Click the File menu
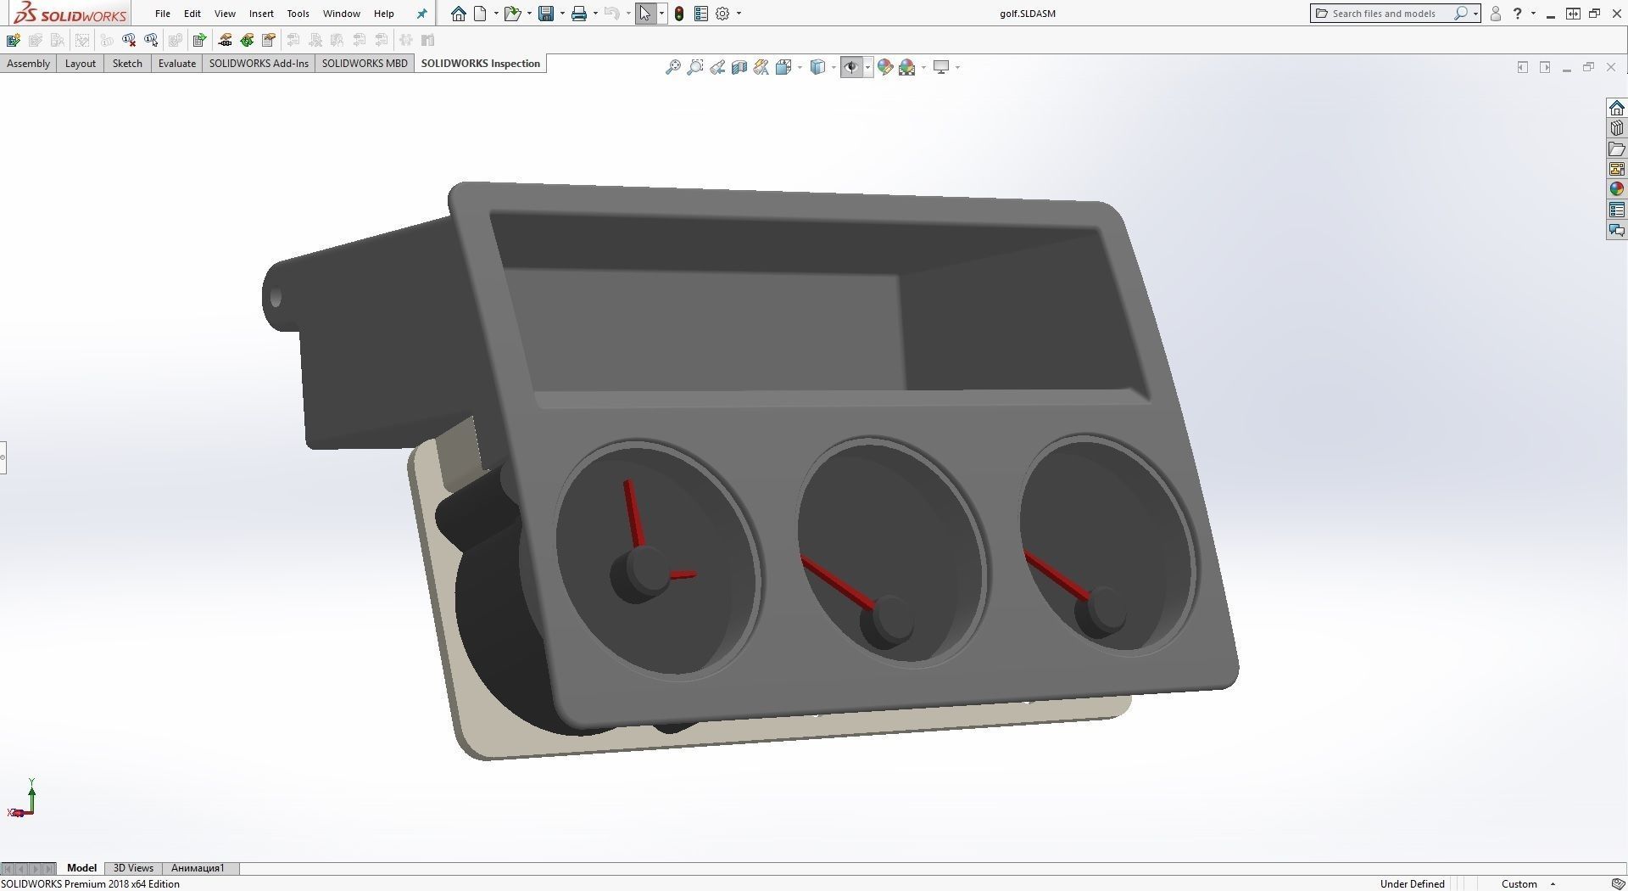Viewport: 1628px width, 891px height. coord(162,14)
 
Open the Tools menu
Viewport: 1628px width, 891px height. coord(298,14)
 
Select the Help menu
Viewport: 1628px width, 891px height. coord(383,14)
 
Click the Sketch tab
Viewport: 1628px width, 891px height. coord(127,64)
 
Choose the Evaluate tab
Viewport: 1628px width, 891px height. coord(176,64)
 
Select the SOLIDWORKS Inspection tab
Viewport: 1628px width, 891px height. coord(480,64)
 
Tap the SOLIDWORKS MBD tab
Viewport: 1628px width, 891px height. coord(365,64)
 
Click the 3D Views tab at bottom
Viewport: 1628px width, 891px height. coord(133,868)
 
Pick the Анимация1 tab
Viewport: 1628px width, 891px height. coord(198,868)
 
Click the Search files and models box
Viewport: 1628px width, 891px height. coord(1384,14)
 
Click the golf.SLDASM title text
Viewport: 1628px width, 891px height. coord(1027,14)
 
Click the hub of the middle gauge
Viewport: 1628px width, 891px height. coord(887,620)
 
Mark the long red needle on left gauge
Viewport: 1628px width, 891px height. coord(633,513)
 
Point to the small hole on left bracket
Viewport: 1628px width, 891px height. coord(276,299)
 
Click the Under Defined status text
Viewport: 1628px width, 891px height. coord(1412,883)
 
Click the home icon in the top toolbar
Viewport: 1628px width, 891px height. coord(459,14)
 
